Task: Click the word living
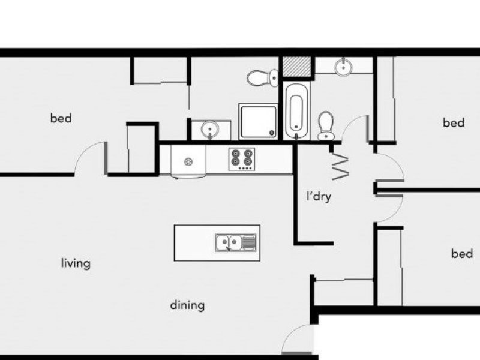[76, 263]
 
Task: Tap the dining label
[187, 305]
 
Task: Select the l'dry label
[318, 196]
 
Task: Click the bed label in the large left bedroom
[61, 118]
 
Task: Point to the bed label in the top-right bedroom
[454, 122]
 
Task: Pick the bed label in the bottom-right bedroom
[461, 253]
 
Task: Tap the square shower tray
[259, 121]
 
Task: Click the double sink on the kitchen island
[236, 242]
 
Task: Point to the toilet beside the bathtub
[326, 125]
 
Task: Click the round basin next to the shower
[210, 128]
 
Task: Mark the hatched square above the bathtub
[296, 67]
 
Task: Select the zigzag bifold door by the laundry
[340, 166]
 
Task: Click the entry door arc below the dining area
[299, 341]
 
